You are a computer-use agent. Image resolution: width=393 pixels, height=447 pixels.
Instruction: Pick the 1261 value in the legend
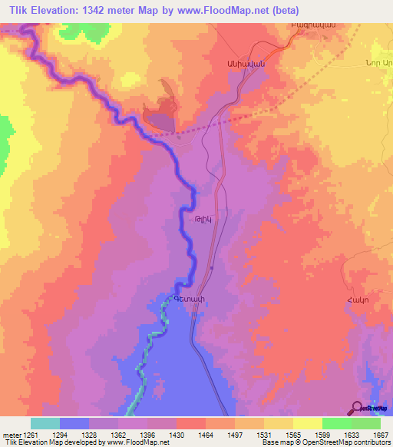pos(31,434)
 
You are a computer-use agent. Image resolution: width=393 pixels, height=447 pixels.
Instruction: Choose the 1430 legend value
pos(176,434)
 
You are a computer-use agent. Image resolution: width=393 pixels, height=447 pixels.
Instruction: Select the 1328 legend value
pos(89,434)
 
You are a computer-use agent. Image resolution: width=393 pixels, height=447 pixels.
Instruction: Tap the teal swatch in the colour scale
pos(45,423)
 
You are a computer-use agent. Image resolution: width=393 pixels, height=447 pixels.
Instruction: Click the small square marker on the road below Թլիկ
pos(211,267)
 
